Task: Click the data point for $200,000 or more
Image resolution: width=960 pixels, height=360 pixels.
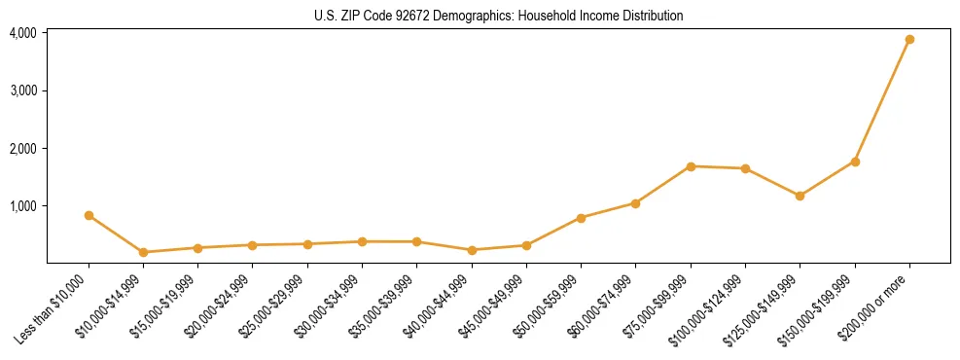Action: click(x=909, y=40)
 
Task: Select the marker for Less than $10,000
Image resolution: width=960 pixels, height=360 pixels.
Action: click(x=89, y=215)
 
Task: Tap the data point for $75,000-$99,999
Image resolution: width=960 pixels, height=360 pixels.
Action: click(x=691, y=166)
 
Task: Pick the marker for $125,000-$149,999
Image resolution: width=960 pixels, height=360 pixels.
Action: click(x=800, y=196)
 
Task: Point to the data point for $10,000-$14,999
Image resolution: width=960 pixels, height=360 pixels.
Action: click(x=144, y=252)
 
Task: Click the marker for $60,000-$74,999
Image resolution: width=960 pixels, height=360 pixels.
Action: click(x=635, y=203)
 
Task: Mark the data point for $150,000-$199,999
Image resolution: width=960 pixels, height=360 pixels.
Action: click(x=855, y=162)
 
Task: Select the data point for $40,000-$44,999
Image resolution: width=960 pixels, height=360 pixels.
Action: click(x=472, y=250)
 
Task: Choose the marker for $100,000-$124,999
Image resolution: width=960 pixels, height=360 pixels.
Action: click(x=745, y=168)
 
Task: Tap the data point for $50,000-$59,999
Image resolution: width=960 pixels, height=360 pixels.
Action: click(x=581, y=218)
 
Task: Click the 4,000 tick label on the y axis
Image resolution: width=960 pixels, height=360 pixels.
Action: click(x=23, y=33)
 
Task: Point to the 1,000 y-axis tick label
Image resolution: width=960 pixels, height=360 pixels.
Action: click(x=23, y=206)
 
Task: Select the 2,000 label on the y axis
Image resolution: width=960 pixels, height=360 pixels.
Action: click(x=23, y=149)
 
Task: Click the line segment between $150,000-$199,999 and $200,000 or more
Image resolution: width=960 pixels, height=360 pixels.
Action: click(x=882, y=100)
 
